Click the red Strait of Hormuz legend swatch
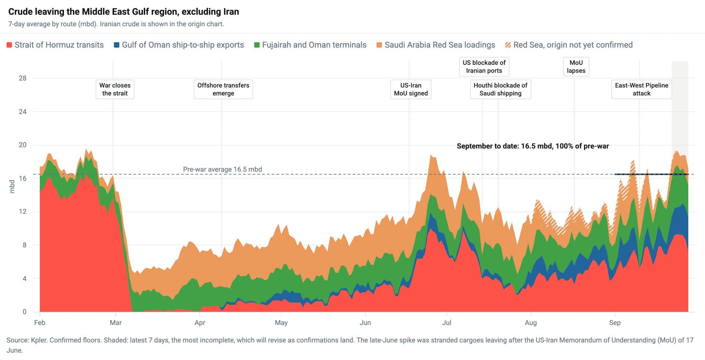(9, 45)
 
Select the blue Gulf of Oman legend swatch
(117, 45)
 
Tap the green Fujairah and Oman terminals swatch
(257, 45)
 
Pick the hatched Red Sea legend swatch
(508, 45)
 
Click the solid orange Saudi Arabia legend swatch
(379, 45)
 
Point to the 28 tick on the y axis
(23, 78)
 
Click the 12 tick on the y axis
(23, 212)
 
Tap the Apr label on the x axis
(200, 323)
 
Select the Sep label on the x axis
(615, 323)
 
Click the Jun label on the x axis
(365, 323)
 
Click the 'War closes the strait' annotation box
(115, 89)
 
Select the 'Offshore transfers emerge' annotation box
(223, 89)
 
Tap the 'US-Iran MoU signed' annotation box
(411, 89)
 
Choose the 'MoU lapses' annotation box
(576, 67)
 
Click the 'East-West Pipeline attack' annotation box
(641, 89)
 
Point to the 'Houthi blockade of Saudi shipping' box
(500, 89)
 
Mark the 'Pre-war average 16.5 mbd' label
(223, 170)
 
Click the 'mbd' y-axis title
(12, 186)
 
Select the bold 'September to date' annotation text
(533, 146)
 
